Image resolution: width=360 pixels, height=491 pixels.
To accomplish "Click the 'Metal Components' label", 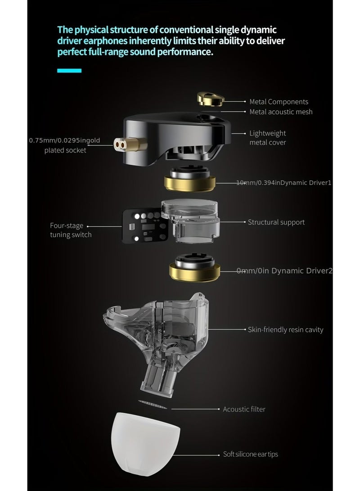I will pyautogui.click(x=279, y=102).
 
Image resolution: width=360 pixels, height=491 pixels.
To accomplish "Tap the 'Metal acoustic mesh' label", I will pyautogui.click(x=281, y=112).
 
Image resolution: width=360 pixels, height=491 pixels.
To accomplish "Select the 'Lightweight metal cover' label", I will pyautogui.click(x=268, y=138).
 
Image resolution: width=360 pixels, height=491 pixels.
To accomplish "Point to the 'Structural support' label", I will pyautogui.click(x=276, y=222).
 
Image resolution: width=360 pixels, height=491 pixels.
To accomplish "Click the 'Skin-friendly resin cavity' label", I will pyautogui.click(x=285, y=330).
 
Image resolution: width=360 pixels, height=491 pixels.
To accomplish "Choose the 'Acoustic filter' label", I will pyautogui.click(x=244, y=409).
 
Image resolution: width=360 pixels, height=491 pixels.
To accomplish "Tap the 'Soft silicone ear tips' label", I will pyautogui.click(x=251, y=454).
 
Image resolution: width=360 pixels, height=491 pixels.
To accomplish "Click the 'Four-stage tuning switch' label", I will pyautogui.click(x=71, y=230).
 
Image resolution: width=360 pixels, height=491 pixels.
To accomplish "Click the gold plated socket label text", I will pyautogui.click(x=65, y=145).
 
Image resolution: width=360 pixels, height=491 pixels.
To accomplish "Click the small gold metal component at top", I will pyautogui.click(x=210, y=99).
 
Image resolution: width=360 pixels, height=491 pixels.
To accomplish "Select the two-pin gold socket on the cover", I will pyautogui.click(x=120, y=144).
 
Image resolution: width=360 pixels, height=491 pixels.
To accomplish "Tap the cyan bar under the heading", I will pyautogui.click(x=69, y=71).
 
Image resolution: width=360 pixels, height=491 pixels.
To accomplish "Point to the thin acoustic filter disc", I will pyautogui.click(x=153, y=403).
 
